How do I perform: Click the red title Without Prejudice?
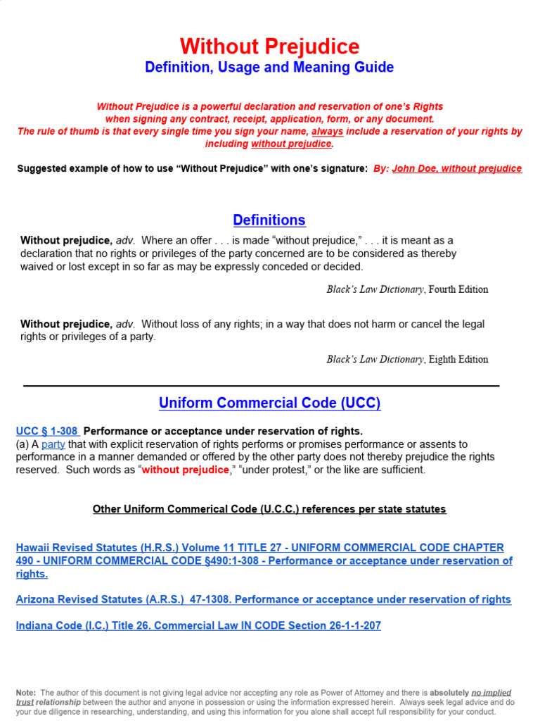click(269, 46)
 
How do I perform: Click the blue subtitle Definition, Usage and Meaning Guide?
click(269, 68)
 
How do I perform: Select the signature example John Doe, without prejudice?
click(457, 168)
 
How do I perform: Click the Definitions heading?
click(269, 220)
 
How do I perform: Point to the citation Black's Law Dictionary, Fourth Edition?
click(407, 289)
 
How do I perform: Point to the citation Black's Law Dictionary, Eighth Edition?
click(407, 359)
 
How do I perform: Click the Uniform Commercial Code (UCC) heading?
click(269, 403)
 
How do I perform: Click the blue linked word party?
click(53, 444)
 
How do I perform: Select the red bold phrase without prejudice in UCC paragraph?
click(185, 470)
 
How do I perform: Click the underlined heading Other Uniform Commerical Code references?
click(269, 509)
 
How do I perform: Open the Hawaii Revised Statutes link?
click(260, 560)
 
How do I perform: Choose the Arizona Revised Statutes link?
click(263, 599)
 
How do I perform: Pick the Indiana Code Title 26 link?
click(198, 625)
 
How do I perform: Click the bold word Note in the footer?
click(25, 693)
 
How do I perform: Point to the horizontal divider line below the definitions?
click(261, 386)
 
